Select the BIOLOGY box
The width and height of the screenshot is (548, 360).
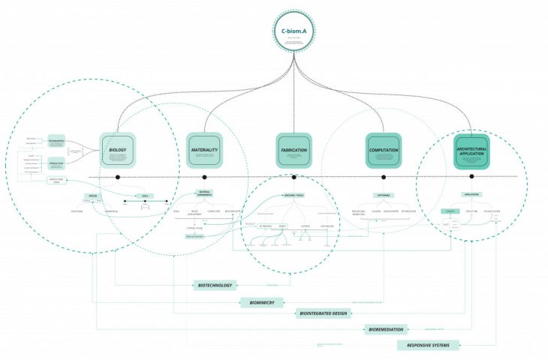point(117,149)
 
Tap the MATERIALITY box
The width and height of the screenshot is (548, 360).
point(204,149)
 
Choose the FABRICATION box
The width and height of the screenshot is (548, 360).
point(294,149)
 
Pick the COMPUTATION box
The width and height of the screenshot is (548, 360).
point(384,149)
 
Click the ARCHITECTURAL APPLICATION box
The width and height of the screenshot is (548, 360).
point(471,149)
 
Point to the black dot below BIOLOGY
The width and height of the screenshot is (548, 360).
point(118,178)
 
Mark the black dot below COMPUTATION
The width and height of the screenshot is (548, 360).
point(384,178)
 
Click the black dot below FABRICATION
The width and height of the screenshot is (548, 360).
point(294,178)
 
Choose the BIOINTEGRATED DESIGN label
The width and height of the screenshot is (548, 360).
point(323,313)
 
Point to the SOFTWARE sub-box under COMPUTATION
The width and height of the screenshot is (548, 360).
point(384,196)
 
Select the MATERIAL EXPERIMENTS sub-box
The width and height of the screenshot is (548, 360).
point(205,193)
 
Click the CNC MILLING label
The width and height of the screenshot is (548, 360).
point(327,225)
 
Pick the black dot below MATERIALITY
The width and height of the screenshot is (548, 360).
point(205,178)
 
